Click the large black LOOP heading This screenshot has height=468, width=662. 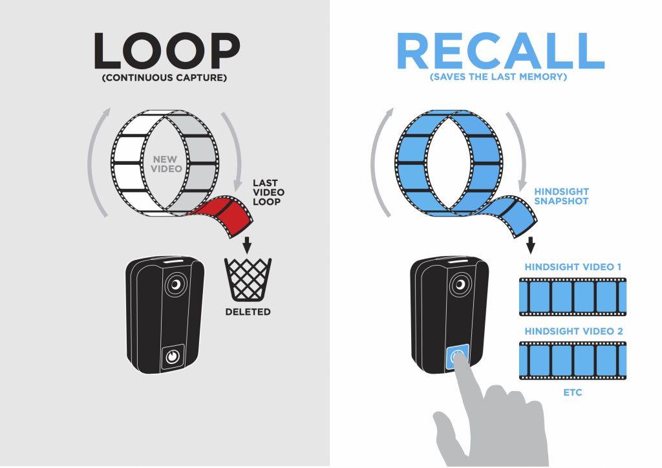point(167,50)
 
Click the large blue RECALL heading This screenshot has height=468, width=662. point(501,50)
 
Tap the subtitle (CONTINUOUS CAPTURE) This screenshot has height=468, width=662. point(164,78)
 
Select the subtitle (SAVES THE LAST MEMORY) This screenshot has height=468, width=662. point(498,77)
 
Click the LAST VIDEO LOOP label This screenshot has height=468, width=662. point(268,193)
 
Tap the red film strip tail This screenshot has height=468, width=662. point(226,215)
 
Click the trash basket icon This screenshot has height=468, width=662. point(248,279)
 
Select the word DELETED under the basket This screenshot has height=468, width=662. point(248,312)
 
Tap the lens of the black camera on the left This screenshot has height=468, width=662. point(176,285)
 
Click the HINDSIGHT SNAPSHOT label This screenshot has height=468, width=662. point(561,197)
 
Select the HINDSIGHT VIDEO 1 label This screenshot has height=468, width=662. point(573,267)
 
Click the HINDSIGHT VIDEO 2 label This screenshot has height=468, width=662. point(574,331)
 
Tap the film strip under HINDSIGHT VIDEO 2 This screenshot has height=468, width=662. point(573,361)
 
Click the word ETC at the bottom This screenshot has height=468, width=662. point(573,392)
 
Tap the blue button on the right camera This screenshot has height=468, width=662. point(457,357)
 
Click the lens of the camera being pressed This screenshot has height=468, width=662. point(460,284)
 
